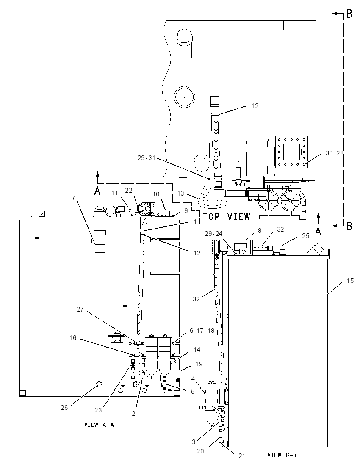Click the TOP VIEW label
tap(227, 217)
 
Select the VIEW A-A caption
tap(99, 425)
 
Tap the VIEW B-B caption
tap(282, 455)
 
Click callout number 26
tap(64, 407)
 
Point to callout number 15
tap(350, 280)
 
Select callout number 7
tap(73, 197)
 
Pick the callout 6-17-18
tap(202, 330)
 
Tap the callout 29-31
tap(146, 158)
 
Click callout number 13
tap(180, 193)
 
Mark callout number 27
tap(80, 309)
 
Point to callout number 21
tap(242, 456)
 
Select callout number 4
tap(193, 378)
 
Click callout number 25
tap(305, 235)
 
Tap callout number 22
tap(128, 191)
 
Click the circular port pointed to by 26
tap(99, 384)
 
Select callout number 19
tap(199, 364)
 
